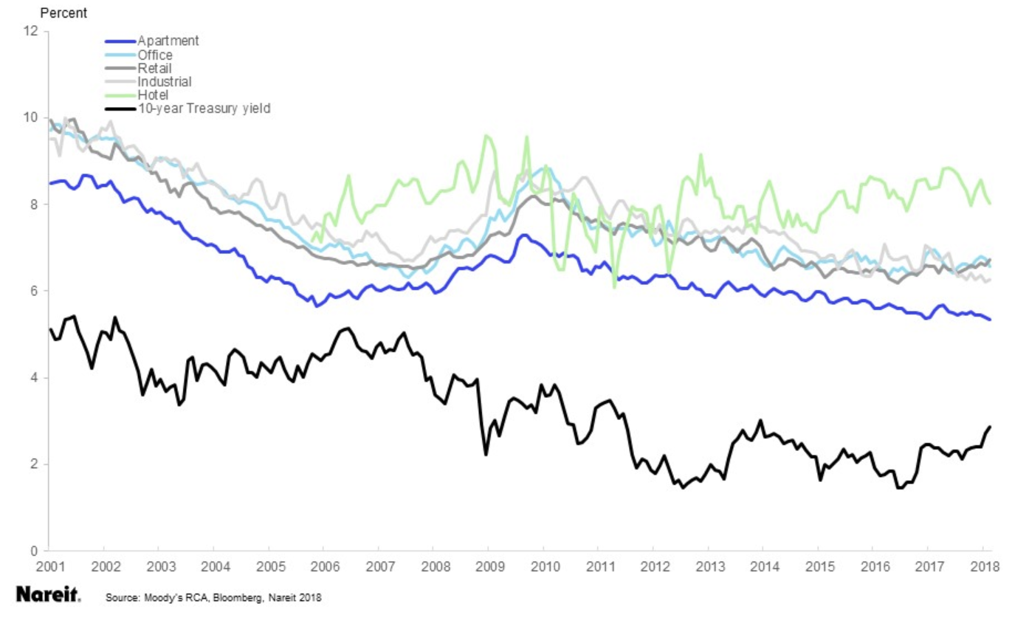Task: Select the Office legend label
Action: point(154,55)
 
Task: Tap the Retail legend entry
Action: point(154,68)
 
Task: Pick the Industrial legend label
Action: point(164,81)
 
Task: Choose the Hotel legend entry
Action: point(153,94)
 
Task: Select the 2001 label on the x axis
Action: point(49,567)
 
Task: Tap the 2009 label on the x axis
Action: point(488,567)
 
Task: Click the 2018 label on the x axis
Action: point(983,567)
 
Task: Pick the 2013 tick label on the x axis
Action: point(708,567)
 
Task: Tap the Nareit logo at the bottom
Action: point(48,595)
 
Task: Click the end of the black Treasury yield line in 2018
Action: point(990,427)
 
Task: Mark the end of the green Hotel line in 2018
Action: point(990,204)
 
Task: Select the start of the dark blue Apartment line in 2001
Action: point(49,183)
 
